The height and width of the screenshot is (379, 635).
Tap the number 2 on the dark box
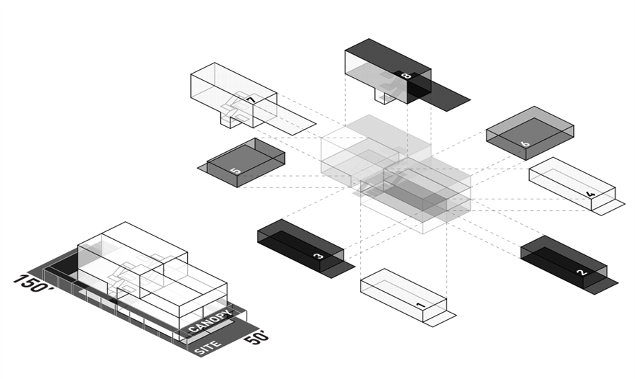tap(582, 272)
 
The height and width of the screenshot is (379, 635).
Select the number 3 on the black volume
tap(318, 255)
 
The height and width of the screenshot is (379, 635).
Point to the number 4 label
tap(590, 194)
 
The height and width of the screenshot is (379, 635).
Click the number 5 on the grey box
tap(235, 171)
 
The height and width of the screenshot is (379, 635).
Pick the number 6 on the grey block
tap(525, 143)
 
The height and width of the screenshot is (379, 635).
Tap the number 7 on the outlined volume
tap(250, 100)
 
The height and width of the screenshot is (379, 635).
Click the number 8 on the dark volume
tap(406, 75)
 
